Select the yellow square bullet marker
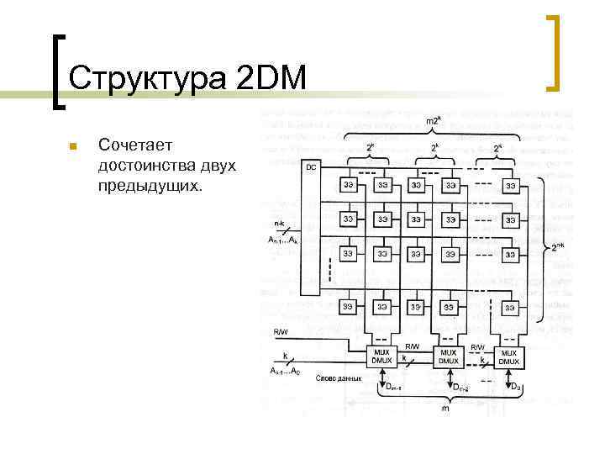tap(72, 147)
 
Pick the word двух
tap(219, 165)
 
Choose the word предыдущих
tap(150, 183)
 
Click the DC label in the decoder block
tap(310, 167)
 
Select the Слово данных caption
tap(339, 378)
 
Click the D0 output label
tap(517, 388)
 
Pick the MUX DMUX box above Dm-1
tap(381, 356)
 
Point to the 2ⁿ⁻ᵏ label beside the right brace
tap(559, 247)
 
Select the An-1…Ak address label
tap(282, 241)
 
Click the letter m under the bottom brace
tap(445, 409)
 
